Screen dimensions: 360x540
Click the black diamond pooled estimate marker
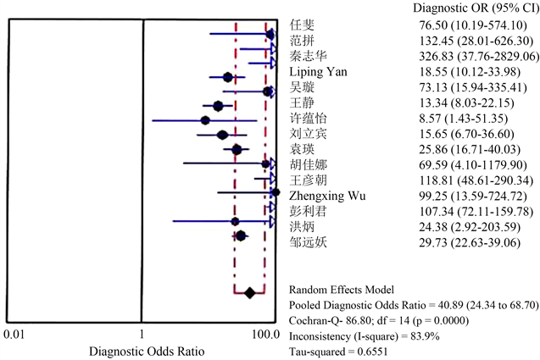[249, 293]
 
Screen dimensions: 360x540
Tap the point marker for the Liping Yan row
[227, 77]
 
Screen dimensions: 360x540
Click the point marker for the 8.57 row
[205, 120]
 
